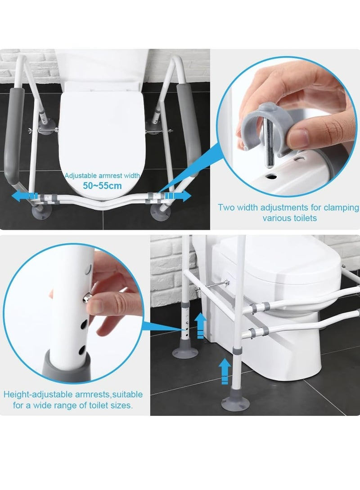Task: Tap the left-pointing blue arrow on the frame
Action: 22,196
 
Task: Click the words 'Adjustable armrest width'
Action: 102,176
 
